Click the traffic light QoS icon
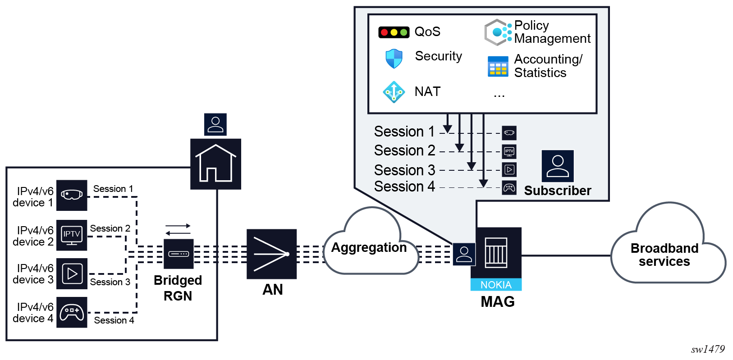394,32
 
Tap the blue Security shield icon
394,59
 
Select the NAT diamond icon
394,92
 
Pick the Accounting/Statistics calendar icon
498,67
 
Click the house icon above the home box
215,164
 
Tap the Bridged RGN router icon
179,254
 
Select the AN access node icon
271,254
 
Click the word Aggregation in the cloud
369,247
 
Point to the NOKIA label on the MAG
496,285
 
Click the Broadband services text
664,255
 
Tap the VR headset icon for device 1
72,195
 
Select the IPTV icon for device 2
72,235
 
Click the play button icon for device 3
72,273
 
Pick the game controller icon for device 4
72,312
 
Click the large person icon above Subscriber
558,166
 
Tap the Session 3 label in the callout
404,170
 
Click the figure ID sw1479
708,349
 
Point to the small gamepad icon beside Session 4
509,187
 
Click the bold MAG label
498,301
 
